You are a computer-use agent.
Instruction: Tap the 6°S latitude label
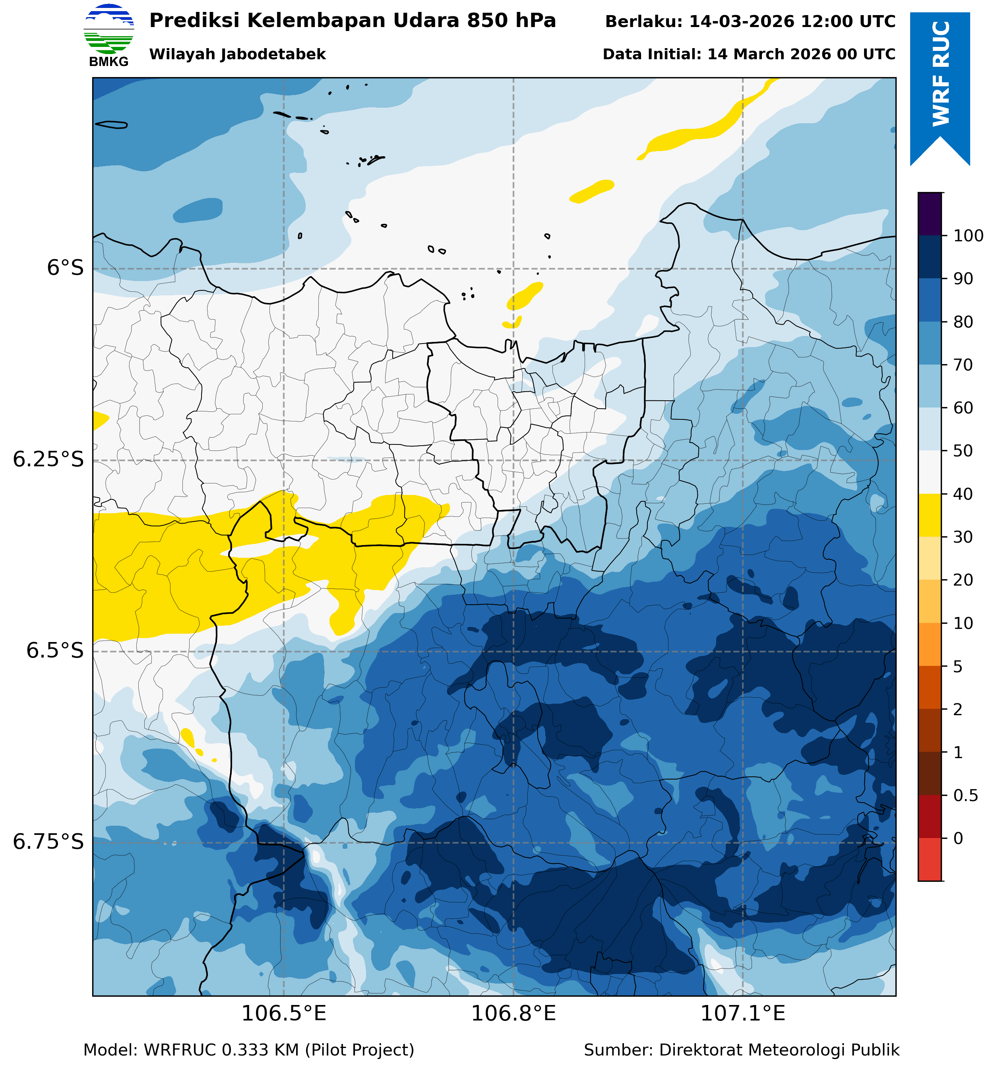point(65,268)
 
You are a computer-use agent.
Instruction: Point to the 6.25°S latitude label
point(48,460)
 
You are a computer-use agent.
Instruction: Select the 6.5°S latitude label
point(55,651)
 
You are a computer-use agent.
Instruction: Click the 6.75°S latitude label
point(48,842)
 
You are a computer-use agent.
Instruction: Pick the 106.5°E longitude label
point(283,1014)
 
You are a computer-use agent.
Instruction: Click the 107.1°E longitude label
point(742,1014)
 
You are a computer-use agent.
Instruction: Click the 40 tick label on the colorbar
point(963,494)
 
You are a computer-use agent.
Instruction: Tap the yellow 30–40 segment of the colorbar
point(930,515)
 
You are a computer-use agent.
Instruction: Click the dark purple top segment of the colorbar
point(930,213)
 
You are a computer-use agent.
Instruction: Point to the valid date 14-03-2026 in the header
point(741,21)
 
